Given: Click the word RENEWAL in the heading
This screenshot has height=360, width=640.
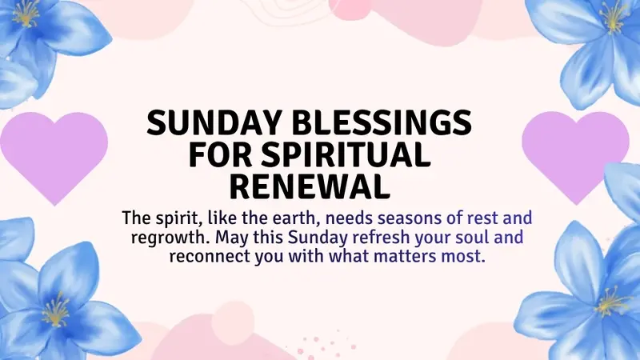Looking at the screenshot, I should coord(311,184).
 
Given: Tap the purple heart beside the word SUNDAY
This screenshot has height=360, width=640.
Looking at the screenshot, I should coord(53,154).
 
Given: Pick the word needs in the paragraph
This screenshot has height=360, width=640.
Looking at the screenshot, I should coord(359,218).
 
